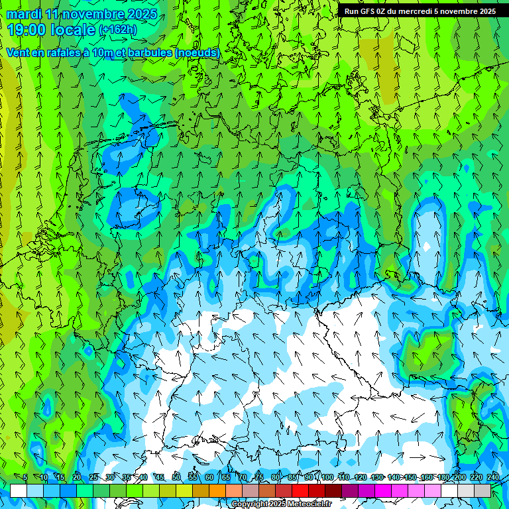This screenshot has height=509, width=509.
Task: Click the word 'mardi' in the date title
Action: [x=24, y=14]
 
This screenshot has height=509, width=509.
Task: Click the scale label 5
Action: [x=25, y=477]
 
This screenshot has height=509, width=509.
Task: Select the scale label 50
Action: [x=176, y=477]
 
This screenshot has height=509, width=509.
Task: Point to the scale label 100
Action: [x=327, y=477]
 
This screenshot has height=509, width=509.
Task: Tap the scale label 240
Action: [x=493, y=477]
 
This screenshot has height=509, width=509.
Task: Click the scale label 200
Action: [x=460, y=477]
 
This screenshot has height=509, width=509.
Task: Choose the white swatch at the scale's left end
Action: [x=19, y=490]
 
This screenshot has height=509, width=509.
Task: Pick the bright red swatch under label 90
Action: [x=300, y=490]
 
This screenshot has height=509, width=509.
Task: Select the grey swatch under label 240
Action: [x=482, y=490]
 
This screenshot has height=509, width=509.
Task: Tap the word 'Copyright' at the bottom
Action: [x=249, y=504]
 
